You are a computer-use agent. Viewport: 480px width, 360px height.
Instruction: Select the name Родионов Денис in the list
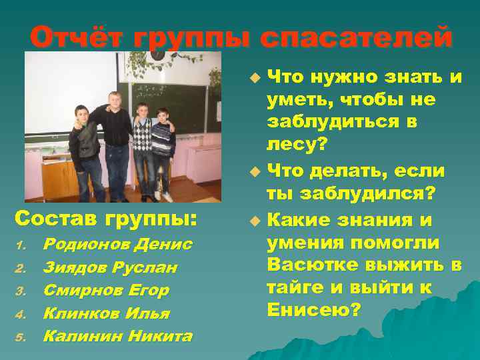[117, 245]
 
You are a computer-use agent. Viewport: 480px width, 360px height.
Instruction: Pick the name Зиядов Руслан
[109, 267]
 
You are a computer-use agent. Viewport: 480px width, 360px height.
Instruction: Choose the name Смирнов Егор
[106, 291]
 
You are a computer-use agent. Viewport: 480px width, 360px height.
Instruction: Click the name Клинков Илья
[106, 313]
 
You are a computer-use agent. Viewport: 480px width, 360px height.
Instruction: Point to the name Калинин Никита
[117, 336]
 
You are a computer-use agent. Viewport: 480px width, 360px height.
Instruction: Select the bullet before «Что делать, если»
[253, 172]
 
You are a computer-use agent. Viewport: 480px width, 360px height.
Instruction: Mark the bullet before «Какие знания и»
[253, 219]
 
